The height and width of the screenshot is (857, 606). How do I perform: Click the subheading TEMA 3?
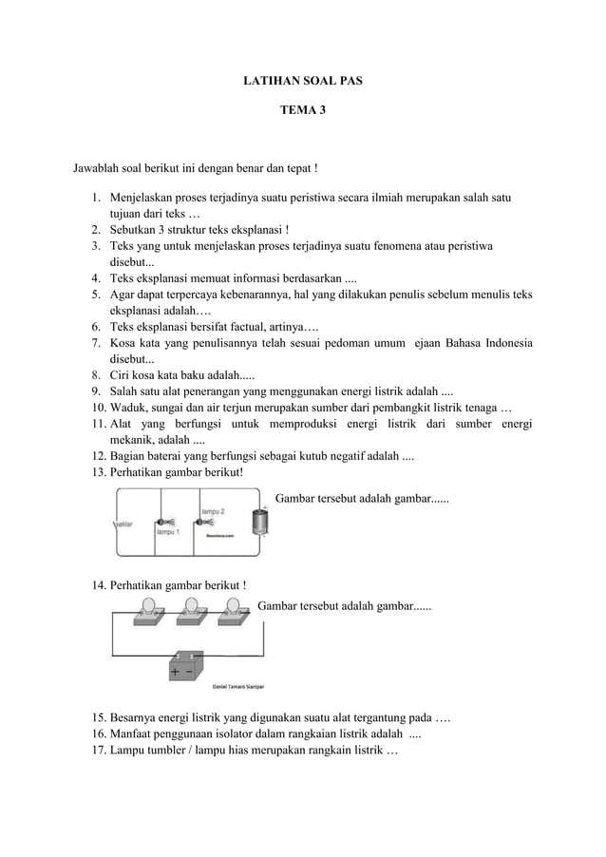click(302, 111)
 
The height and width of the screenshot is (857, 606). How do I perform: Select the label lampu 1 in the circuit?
click(168, 533)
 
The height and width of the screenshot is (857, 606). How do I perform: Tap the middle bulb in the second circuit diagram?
click(191, 608)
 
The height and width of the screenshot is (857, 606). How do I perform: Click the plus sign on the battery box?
click(175, 672)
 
